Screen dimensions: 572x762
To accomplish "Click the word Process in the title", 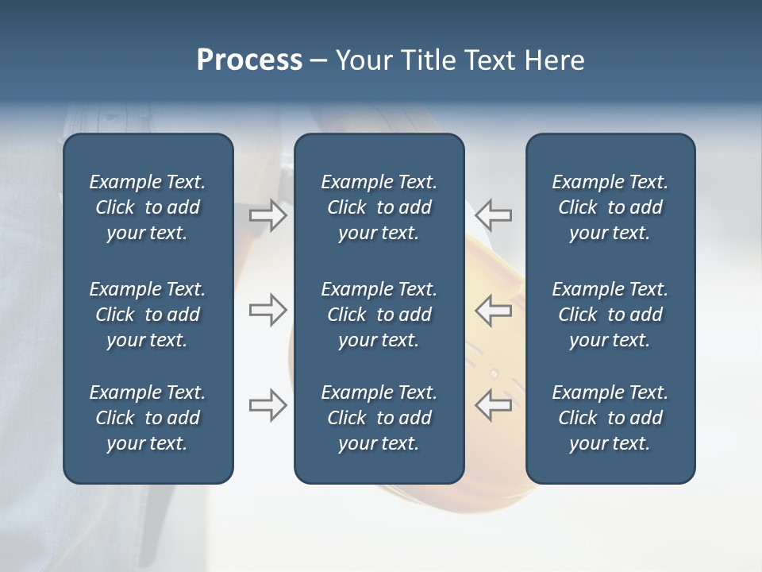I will pyautogui.click(x=249, y=60).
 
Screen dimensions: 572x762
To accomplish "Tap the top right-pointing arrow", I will pyautogui.click(x=267, y=214).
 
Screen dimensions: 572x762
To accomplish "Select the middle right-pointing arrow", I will pyautogui.click(x=267, y=310).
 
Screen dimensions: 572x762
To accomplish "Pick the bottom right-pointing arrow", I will pyautogui.click(x=267, y=405).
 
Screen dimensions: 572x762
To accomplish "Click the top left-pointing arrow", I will pyautogui.click(x=494, y=214).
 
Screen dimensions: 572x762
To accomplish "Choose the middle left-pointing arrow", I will pyautogui.click(x=494, y=310).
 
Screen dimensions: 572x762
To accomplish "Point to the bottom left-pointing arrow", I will pyautogui.click(x=494, y=405).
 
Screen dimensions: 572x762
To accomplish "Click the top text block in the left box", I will pyautogui.click(x=148, y=207).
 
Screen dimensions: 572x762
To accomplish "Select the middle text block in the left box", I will pyautogui.click(x=148, y=315).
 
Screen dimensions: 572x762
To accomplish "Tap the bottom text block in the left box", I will pyautogui.click(x=148, y=418).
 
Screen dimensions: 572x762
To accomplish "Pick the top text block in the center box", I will pyautogui.click(x=379, y=207).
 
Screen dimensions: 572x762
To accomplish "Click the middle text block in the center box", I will pyautogui.click(x=379, y=315).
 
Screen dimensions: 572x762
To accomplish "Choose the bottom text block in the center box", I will pyautogui.click(x=379, y=418).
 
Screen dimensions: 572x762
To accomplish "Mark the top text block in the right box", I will pyautogui.click(x=610, y=207).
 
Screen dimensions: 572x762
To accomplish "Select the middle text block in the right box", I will pyautogui.click(x=610, y=315).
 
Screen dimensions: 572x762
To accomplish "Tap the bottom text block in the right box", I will pyautogui.click(x=610, y=418).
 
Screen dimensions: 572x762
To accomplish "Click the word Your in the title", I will pyautogui.click(x=362, y=60).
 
